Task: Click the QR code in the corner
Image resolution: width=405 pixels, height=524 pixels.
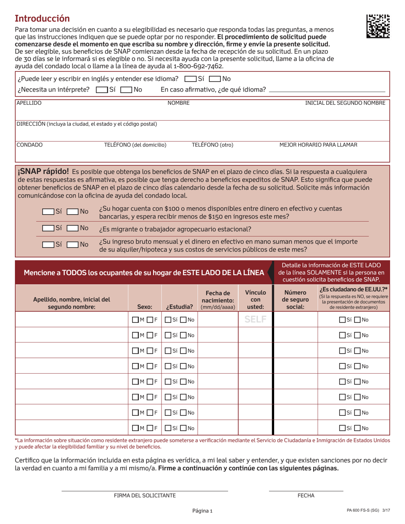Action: (x=377, y=26)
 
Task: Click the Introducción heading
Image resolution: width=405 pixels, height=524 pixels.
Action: (x=42, y=18)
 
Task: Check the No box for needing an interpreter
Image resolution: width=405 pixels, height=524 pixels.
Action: (x=126, y=89)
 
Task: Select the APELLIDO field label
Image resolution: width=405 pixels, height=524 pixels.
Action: (x=29, y=103)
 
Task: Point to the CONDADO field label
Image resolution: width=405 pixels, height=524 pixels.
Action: (x=29, y=145)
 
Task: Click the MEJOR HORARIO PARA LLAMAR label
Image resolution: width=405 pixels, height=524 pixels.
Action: (x=318, y=145)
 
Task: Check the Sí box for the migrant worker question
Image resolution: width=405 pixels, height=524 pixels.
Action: (x=48, y=228)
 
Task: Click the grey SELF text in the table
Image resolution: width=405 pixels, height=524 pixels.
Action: (x=255, y=319)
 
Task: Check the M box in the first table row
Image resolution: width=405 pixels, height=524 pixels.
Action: (x=136, y=320)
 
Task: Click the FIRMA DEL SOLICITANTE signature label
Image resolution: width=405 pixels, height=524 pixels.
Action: (x=145, y=496)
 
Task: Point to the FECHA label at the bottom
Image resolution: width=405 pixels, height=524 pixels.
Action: (x=306, y=496)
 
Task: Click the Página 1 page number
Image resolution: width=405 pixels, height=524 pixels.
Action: (x=202, y=511)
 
